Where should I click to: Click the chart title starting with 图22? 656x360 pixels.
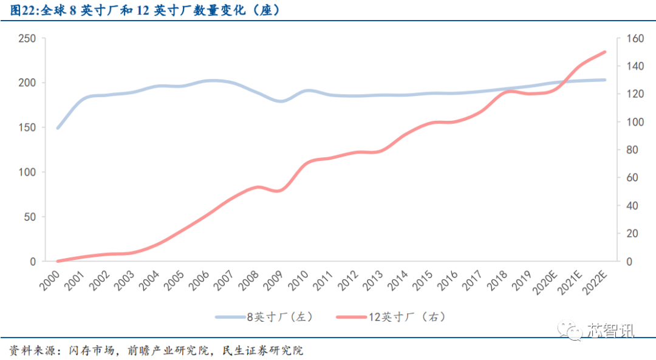(146, 10)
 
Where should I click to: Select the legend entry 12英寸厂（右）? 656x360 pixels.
(400, 316)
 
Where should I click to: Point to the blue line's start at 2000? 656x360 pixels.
(58, 127)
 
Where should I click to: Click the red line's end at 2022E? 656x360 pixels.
(605, 52)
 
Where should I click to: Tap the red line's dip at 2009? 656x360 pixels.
(279, 191)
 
